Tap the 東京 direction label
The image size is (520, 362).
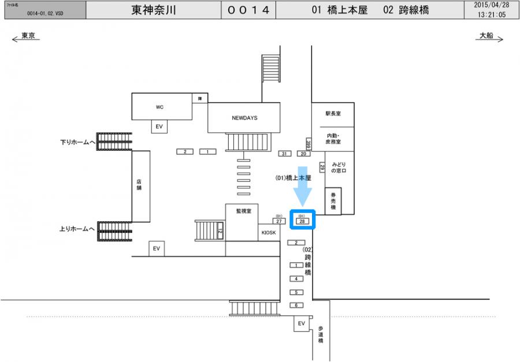[x=28, y=36]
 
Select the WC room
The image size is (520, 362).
[x=160, y=107]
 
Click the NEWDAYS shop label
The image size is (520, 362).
[x=244, y=117]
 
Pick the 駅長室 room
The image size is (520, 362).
[x=333, y=114]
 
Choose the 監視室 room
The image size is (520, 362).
[x=243, y=211]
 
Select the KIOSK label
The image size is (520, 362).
[x=269, y=233]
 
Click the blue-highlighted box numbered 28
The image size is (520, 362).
[x=302, y=221]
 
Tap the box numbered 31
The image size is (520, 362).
[x=284, y=154]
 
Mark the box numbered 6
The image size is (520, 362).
[x=296, y=305]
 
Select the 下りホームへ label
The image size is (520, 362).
[x=77, y=141]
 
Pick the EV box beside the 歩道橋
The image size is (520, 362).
[x=301, y=324]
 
